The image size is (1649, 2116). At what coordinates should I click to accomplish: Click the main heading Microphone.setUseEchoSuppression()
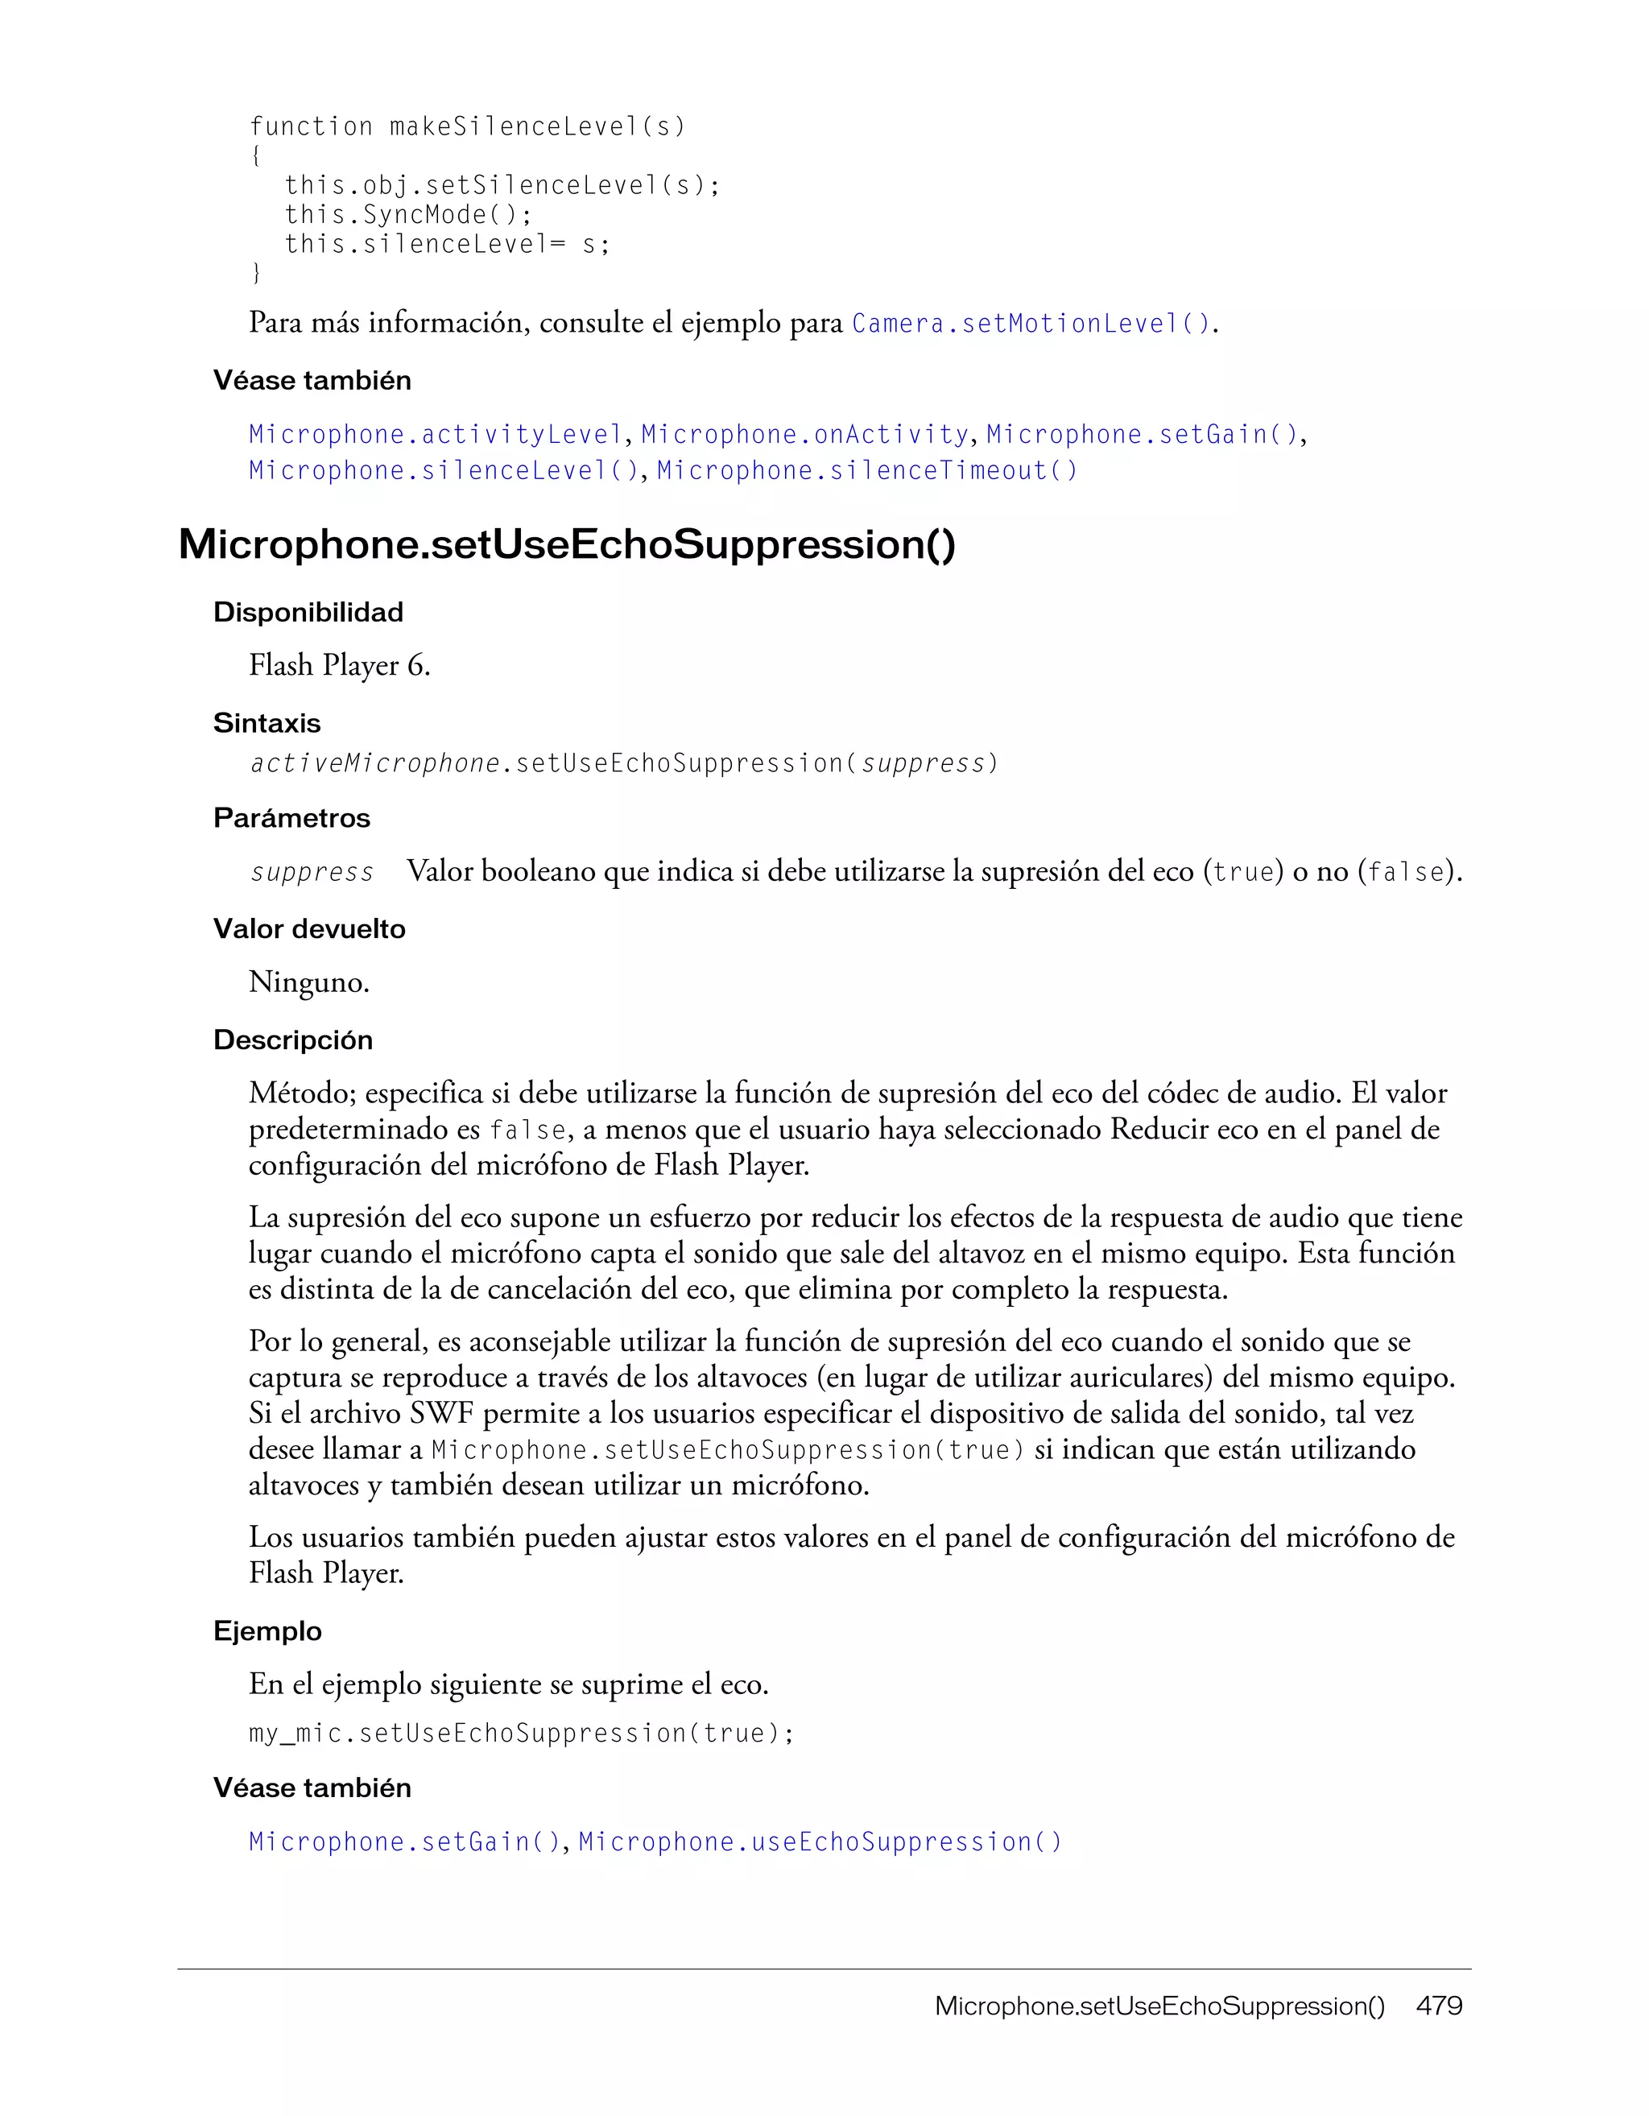(567, 544)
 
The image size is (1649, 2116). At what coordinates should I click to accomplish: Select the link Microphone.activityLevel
(435, 434)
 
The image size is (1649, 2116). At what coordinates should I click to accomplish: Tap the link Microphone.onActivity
(805, 434)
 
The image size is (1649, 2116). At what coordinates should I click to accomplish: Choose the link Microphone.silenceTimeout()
(866, 471)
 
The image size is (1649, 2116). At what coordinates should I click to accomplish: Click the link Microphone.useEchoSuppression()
(820, 1841)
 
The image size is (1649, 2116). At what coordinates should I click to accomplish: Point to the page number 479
(1439, 2006)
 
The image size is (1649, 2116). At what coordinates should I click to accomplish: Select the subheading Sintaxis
(267, 723)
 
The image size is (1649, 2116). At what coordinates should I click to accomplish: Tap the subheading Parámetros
(291, 818)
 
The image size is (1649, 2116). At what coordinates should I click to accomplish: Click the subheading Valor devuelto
(309, 929)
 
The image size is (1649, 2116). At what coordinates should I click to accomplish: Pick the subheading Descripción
(292, 1039)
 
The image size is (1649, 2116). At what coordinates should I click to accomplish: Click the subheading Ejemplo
(267, 1630)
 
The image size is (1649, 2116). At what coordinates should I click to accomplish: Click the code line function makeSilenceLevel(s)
(467, 127)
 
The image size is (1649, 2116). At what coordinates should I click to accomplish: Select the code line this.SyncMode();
(408, 214)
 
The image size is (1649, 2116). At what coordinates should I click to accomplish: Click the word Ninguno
(308, 982)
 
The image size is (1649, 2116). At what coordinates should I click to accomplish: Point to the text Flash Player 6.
(339, 666)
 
